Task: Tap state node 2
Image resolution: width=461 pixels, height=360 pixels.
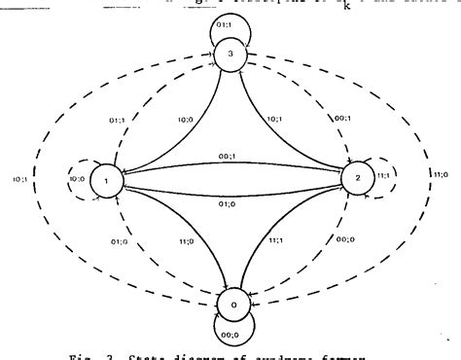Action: click(355, 179)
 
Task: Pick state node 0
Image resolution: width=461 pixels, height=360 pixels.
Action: click(230, 304)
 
